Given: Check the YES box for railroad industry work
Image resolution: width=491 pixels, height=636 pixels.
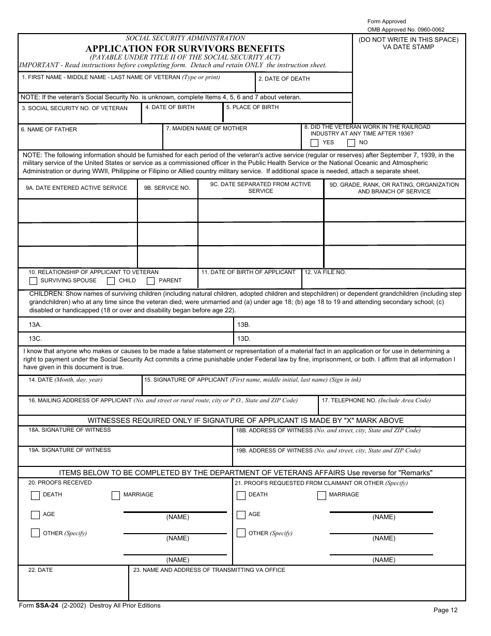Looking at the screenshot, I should [314, 143].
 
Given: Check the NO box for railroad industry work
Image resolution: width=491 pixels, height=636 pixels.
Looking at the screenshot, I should [351, 143].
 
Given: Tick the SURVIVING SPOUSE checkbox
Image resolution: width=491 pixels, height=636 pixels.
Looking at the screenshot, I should [34, 281].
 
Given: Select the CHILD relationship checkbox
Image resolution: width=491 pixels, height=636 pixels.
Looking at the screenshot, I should [111, 281].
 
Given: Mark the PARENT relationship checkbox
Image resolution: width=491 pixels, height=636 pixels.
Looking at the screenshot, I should [151, 281].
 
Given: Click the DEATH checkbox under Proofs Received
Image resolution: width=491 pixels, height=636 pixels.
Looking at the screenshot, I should [35, 495].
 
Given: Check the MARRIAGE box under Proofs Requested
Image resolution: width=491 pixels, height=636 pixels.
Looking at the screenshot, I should [321, 495].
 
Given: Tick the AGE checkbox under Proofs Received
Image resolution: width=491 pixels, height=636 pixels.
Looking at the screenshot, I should [35, 514].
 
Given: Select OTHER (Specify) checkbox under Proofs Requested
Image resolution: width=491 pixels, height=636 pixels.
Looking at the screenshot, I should [241, 533].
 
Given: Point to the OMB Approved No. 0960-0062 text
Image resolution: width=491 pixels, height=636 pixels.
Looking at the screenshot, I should [406, 29].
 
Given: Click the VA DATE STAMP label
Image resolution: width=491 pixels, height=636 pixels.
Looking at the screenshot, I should [408, 47].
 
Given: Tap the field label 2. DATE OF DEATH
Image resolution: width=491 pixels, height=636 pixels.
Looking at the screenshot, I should [284, 79].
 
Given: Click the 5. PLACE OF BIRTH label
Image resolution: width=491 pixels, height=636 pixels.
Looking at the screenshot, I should [252, 108].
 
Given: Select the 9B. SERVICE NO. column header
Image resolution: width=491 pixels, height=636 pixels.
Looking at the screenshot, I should [167, 188].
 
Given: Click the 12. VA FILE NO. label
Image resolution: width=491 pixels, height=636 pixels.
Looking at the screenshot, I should [325, 272].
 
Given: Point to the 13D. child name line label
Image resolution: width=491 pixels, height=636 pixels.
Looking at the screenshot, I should [243, 339].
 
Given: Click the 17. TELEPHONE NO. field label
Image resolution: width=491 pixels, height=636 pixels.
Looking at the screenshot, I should [376, 400].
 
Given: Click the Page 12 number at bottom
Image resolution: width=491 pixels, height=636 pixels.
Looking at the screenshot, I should [445, 610].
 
